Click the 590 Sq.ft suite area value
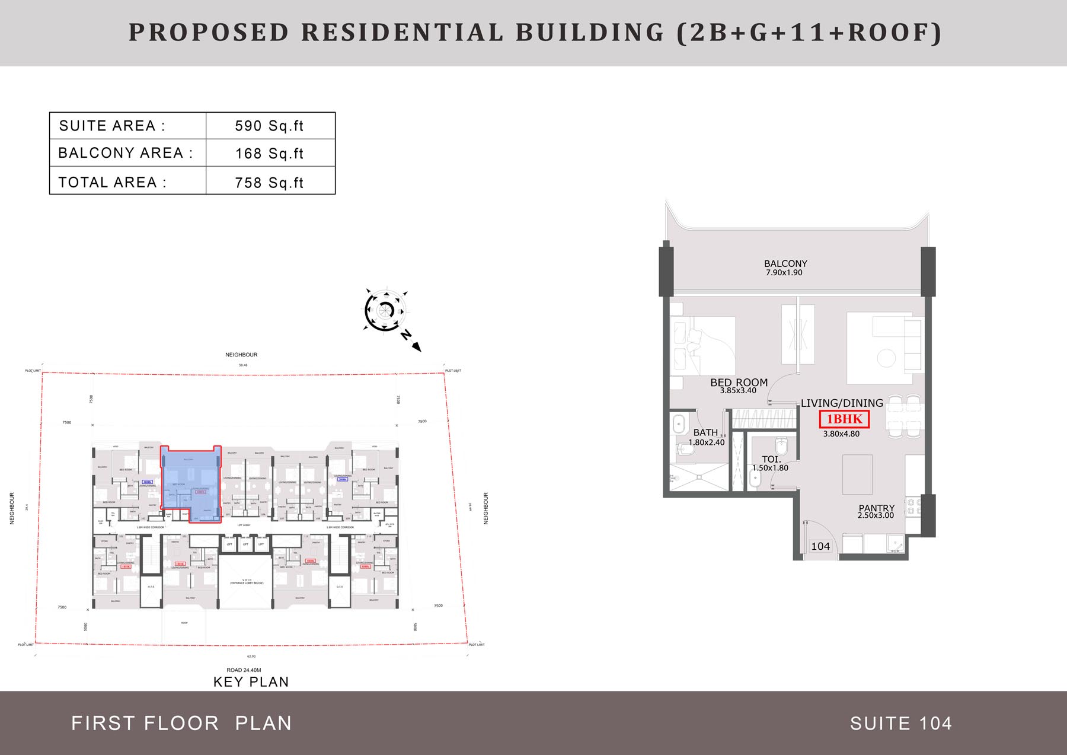tap(269, 126)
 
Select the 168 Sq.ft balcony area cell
tap(269, 154)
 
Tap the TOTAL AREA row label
tap(112, 182)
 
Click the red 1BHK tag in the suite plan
tap(844, 419)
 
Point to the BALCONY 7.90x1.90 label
tap(785, 267)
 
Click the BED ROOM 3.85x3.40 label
tap(739, 386)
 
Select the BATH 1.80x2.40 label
tap(706, 437)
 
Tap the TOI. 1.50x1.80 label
tap(771, 463)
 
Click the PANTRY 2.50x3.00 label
tap(876, 511)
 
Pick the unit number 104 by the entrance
tap(820, 546)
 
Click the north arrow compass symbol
tap(386, 310)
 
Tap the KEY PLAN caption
tap(251, 682)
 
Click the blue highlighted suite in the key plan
tap(191, 483)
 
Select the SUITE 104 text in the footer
tap(900, 724)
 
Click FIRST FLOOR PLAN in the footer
tap(181, 724)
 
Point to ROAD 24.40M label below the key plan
tap(244, 670)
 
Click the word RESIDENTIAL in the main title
tap(401, 33)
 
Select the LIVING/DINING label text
tap(841, 403)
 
